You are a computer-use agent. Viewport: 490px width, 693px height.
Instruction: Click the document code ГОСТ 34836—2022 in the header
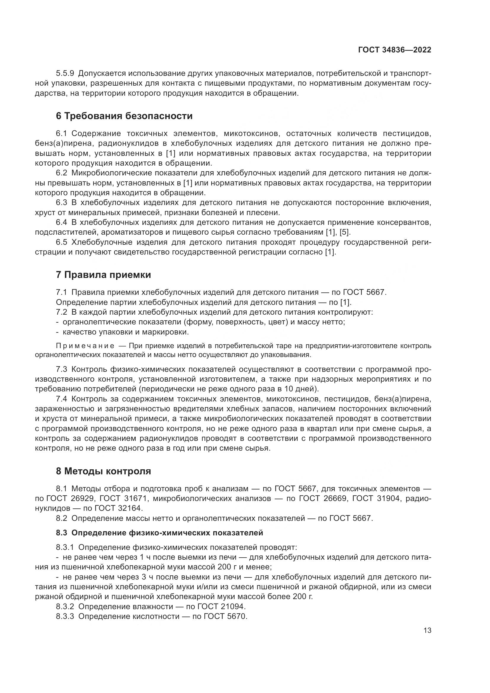tap(394, 50)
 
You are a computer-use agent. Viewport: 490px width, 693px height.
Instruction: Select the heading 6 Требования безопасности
tap(124, 116)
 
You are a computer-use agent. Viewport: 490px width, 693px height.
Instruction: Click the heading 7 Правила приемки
tap(103, 275)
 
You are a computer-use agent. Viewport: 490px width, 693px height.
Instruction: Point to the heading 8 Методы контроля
tap(103, 471)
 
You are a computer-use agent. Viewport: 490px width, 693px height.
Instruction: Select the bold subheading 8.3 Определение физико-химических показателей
tap(159, 533)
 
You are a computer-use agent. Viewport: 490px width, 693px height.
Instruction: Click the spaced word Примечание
tap(85, 346)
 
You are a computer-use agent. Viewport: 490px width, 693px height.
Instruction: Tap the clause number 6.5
tap(62, 242)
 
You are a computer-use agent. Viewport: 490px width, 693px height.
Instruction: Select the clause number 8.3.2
tap(65, 606)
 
